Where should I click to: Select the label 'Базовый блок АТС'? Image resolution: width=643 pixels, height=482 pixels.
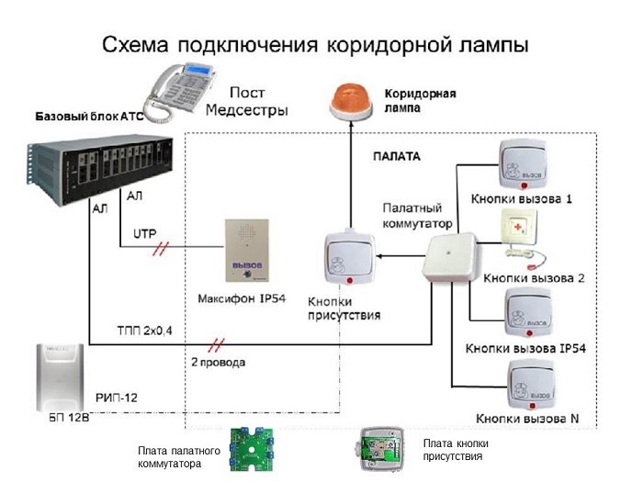[89, 117]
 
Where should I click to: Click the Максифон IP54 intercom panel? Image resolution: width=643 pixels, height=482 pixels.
[247, 251]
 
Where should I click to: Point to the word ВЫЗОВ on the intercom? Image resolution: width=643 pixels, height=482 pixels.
[247, 265]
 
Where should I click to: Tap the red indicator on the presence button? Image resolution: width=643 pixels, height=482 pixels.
[350, 280]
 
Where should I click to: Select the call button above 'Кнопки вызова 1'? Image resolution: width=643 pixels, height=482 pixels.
[523, 166]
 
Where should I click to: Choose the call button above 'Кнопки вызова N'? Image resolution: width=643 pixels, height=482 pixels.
[532, 385]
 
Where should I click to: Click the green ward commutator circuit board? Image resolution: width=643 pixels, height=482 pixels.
[252, 449]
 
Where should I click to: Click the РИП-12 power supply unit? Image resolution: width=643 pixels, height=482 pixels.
[60, 377]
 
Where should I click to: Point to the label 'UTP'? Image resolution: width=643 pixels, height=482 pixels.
[145, 234]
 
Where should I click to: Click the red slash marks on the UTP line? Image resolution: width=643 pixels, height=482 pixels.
[161, 249]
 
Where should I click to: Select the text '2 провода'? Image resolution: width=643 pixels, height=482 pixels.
[219, 363]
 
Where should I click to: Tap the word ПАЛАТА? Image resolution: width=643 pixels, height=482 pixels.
[397, 156]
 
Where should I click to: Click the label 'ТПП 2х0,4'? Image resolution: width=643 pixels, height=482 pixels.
[145, 331]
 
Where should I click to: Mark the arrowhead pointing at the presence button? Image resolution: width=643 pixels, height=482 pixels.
[379, 256]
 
